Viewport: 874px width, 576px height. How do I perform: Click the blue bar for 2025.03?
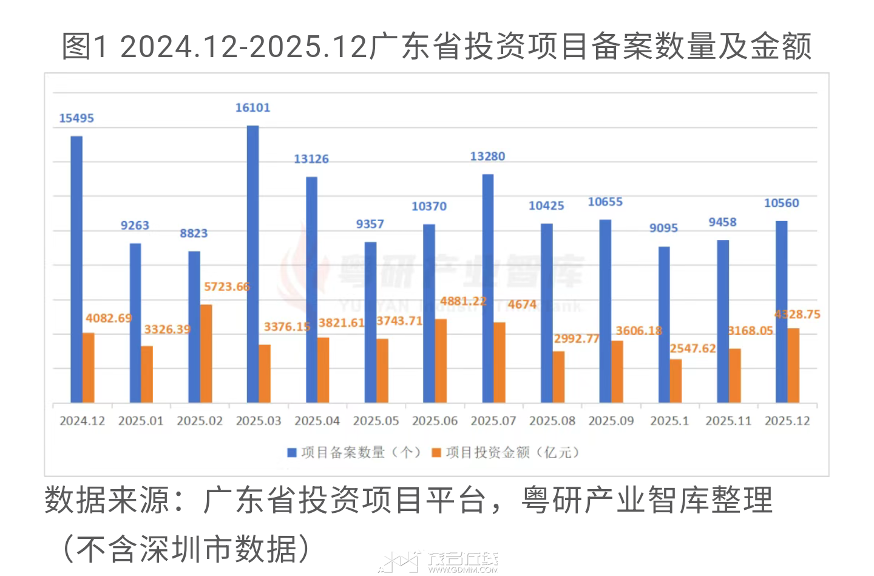tap(252, 264)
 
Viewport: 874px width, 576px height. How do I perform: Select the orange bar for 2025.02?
tap(206, 354)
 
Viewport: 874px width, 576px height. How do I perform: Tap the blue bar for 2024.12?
tap(76, 269)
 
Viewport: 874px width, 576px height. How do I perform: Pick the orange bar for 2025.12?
tap(793, 365)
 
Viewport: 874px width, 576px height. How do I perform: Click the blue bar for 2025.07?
tap(487, 289)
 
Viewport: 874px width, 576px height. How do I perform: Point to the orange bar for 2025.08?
tap(558, 377)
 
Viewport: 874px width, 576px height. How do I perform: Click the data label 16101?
tap(252, 108)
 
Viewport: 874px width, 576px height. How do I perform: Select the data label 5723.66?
tap(226, 287)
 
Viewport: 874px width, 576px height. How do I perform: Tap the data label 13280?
tap(487, 157)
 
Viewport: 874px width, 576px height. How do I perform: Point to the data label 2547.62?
tap(693, 349)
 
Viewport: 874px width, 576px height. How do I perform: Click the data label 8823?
tap(194, 234)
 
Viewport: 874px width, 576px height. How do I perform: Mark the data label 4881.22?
tap(463, 301)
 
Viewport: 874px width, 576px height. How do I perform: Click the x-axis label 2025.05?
tap(376, 421)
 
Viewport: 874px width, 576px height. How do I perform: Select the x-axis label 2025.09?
tap(611, 421)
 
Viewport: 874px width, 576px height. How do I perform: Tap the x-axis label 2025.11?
tap(728, 421)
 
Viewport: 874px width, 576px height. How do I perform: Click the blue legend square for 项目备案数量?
tap(291, 453)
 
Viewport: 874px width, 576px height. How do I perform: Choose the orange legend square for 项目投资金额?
tap(436, 453)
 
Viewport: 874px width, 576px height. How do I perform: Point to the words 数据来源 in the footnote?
tap(106, 501)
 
